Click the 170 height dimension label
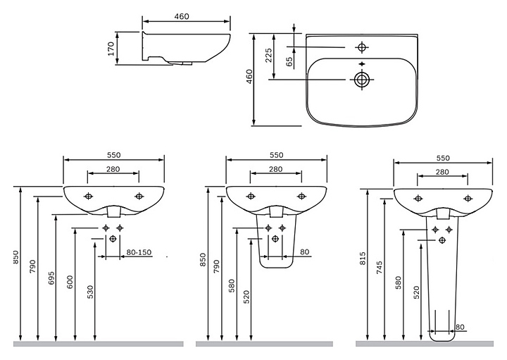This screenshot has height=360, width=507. tap(111, 48)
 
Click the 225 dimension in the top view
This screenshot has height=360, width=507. tap(268, 55)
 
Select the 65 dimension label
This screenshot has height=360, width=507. tap(289, 61)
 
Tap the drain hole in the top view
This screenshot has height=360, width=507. tap(361, 79)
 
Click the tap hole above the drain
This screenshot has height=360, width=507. tap(362, 47)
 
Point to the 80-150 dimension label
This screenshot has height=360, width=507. tap(139, 252)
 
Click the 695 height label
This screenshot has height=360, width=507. tap(51, 278)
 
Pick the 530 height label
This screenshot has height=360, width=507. tap(90, 292)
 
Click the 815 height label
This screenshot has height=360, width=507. tap(362, 259)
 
